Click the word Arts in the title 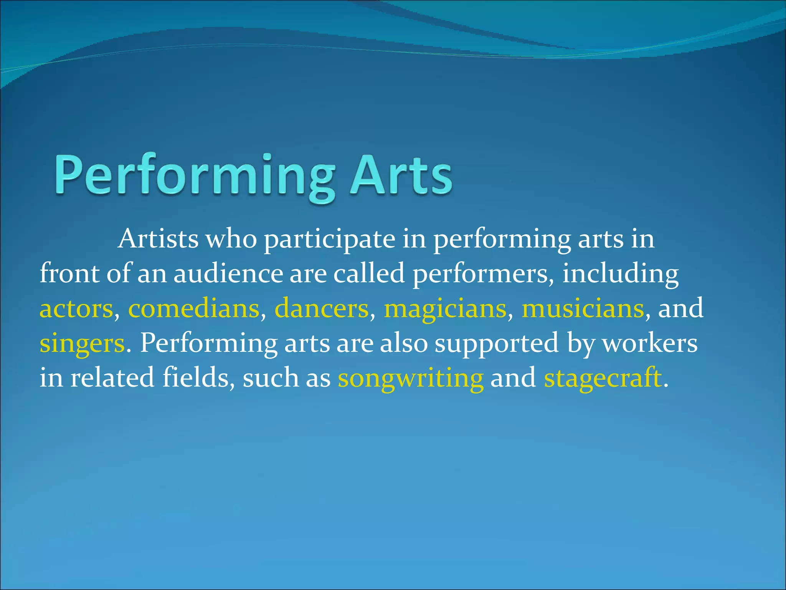tap(401, 175)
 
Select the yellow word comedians tap(194, 309)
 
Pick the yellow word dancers tap(322, 309)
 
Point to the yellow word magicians tap(445, 309)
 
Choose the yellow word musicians tap(583, 309)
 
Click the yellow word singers tap(82, 343)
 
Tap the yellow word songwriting tap(411, 378)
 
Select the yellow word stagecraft tap(603, 378)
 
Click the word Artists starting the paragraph tap(158, 239)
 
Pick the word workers tap(650, 343)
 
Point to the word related tap(112, 377)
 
